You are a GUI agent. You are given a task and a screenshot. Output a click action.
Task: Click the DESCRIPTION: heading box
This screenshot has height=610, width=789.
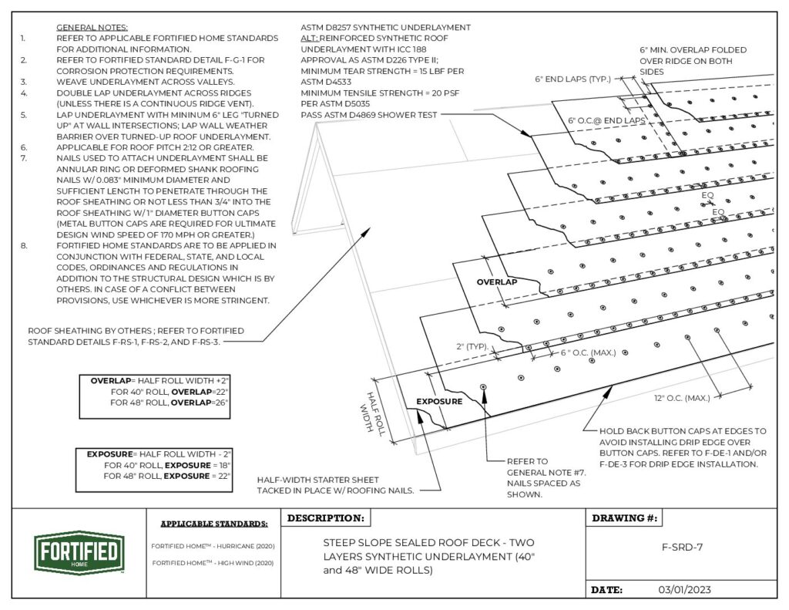pos(327,518)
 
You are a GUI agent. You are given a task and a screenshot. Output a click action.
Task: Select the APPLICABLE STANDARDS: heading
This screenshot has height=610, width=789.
pos(214,524)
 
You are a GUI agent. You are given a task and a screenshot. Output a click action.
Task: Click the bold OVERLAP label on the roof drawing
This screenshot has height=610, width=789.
pos(495,282)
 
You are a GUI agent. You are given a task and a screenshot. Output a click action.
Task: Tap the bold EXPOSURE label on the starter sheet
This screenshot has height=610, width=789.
pos(439,402)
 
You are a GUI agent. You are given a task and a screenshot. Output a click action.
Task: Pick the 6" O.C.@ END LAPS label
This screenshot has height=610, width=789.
pos(606,121)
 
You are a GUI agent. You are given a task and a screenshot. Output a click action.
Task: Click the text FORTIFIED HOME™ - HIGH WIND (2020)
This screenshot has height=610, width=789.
pos(213,562)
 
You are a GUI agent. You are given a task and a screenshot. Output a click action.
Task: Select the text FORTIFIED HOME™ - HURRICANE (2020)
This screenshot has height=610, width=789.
pos(213,546)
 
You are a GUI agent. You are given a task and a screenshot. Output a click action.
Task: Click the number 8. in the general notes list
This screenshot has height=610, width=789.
pos(24,246)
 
